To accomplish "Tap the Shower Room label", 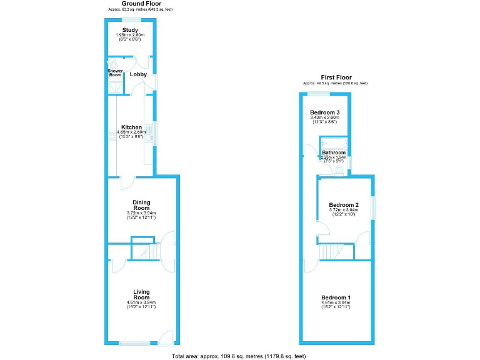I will pos(116,74).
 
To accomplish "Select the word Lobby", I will pos(138,74).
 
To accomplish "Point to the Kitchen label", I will pos(132,127).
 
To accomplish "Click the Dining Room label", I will pos(141,204).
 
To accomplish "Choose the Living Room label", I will pos(141,294).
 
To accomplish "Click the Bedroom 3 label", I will pos(323,112).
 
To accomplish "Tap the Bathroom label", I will pos(334,152).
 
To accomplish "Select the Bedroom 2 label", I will pos(343,205).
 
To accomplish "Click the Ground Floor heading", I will pos(141,4).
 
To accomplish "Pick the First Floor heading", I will pos(336,77).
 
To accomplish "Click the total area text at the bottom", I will pos(239,356).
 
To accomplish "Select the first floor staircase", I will pos(329,252).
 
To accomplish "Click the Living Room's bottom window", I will pos(134,343).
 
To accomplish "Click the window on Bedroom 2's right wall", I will pos(374,208).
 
